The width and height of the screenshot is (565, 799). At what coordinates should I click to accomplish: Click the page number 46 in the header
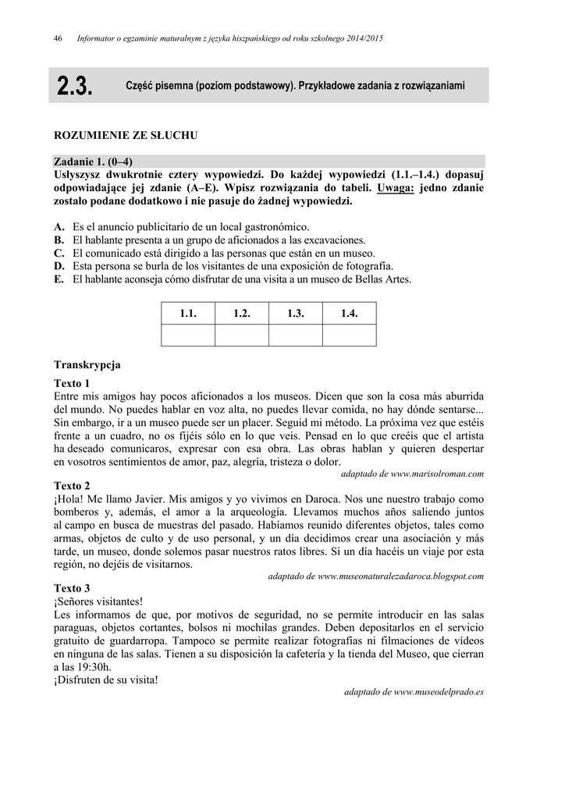click(x=58, y=38)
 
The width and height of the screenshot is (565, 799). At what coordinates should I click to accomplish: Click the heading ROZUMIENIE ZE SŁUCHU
click(x=126, y=136)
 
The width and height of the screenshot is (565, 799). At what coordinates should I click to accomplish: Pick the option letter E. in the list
click(x=59, y=279)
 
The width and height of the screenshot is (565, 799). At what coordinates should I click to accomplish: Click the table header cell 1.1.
click(x=187, y=314)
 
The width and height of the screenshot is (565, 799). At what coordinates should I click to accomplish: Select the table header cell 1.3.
click(x=295, y=314)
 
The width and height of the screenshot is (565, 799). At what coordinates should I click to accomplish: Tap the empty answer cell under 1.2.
click(x=241, y=335)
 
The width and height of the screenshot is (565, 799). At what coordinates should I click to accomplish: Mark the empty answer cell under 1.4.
click(x=349, y=335)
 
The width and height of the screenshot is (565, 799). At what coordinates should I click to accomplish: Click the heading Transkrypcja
click(x=87, y=364)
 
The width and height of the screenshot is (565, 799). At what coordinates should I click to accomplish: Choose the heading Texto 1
click(x=72, y=383)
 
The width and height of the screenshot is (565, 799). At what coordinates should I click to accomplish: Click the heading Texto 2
click(x=72, y=485)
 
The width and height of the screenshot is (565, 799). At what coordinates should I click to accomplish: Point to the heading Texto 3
click(x=72, y=587)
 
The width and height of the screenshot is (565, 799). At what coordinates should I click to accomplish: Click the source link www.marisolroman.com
click(x=437, y=474)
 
